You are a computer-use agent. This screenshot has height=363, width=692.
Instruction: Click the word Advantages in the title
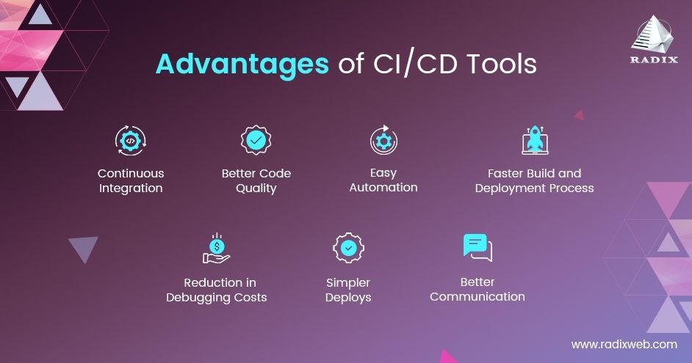(242, 65)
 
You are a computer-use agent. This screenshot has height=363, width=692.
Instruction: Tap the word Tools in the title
(502, 64)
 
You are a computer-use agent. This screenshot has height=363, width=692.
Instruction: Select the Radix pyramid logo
(653, 34)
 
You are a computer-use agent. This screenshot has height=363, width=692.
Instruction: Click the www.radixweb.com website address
(624, 344)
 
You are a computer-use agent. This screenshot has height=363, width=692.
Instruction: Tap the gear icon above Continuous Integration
(131, 141)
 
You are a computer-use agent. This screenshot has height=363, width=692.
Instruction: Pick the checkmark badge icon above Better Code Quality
(256, 140)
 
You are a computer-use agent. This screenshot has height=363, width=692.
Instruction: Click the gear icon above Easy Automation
(383, 140)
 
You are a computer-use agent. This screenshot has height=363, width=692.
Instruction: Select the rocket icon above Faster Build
(535, 140)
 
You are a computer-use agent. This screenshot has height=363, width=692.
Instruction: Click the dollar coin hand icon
(216, 248)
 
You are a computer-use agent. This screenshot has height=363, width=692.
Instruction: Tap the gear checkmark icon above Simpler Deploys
(348, 248)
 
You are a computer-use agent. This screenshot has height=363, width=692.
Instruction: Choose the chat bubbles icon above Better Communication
(477, 248)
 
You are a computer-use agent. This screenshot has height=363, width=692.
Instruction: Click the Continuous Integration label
(131, 180)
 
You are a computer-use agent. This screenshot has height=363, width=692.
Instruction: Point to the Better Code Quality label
(256, 180)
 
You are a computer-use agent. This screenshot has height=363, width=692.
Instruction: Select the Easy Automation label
(383, 180)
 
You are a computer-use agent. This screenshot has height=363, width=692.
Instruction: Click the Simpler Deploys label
(348, 290)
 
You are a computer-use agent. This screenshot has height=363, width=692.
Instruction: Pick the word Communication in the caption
(477, 296)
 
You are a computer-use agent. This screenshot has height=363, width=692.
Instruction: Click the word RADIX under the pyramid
(654, 59)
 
